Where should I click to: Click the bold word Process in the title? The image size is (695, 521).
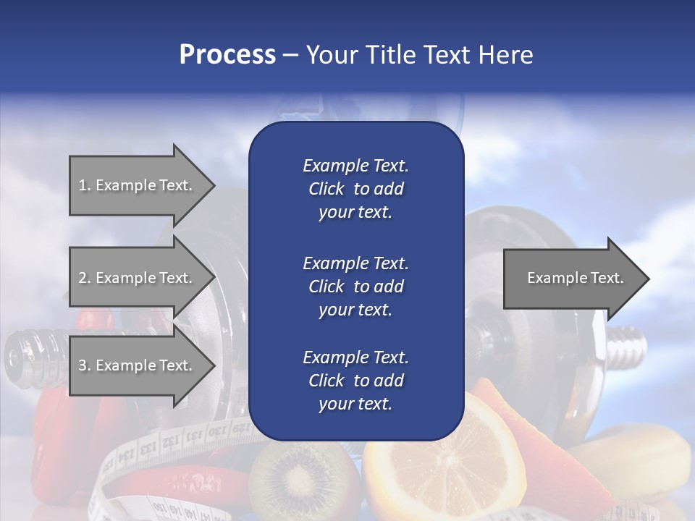227,55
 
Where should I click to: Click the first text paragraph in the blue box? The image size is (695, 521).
355,189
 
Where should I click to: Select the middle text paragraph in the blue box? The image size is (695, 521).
355,286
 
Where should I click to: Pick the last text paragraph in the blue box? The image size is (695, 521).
355,381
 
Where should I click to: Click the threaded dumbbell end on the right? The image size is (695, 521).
627,345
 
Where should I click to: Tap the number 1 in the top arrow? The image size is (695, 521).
82,186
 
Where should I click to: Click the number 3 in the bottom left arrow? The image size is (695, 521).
83,366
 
